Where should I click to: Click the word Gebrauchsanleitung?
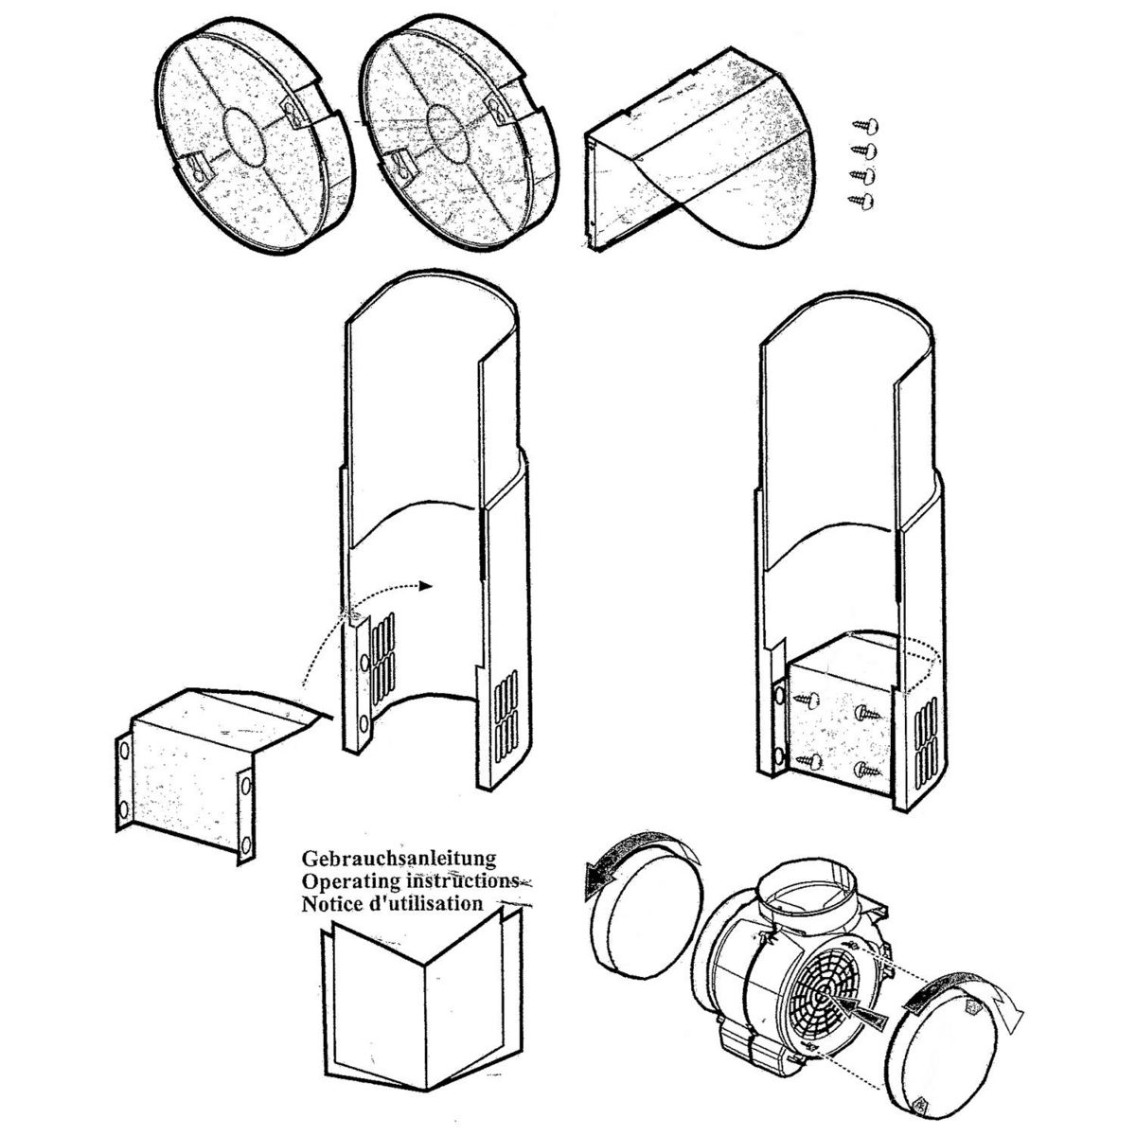[x=399, y=859]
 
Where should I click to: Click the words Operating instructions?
[x=409, y=880]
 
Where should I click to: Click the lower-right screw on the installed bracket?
[x=863, y=770]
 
